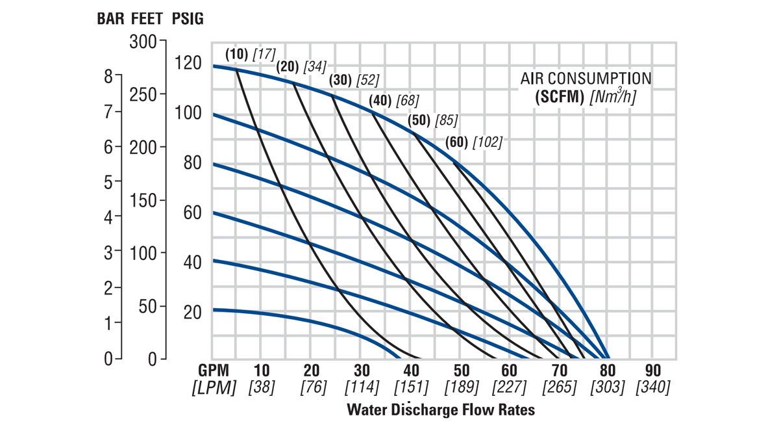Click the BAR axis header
pyautogui.click(x=110, y=18)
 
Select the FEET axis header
pyautogui.click(x=148, y=18)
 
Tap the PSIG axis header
pyautogui.click(x=188, y=18)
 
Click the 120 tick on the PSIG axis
pyautogui.click(x=188, y=64)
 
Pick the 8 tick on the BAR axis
pyautogui.click(x=108, y=77)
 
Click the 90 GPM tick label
pyautogui.click(x=652, y=370)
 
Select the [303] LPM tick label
pyautogui.click(x=607, y=387)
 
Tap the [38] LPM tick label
pyautogui.click(x=262, y=387)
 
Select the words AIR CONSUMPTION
pyautogui.click(x=586, y=79)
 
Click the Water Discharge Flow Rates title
pyautogui.click(x=441, y=410)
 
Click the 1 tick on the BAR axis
pyautogui.click(x=108, y=323)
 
